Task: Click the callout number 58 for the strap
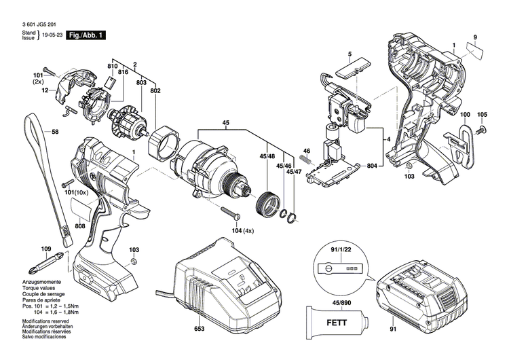56,132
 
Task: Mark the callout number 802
155,90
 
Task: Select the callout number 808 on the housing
80,226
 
